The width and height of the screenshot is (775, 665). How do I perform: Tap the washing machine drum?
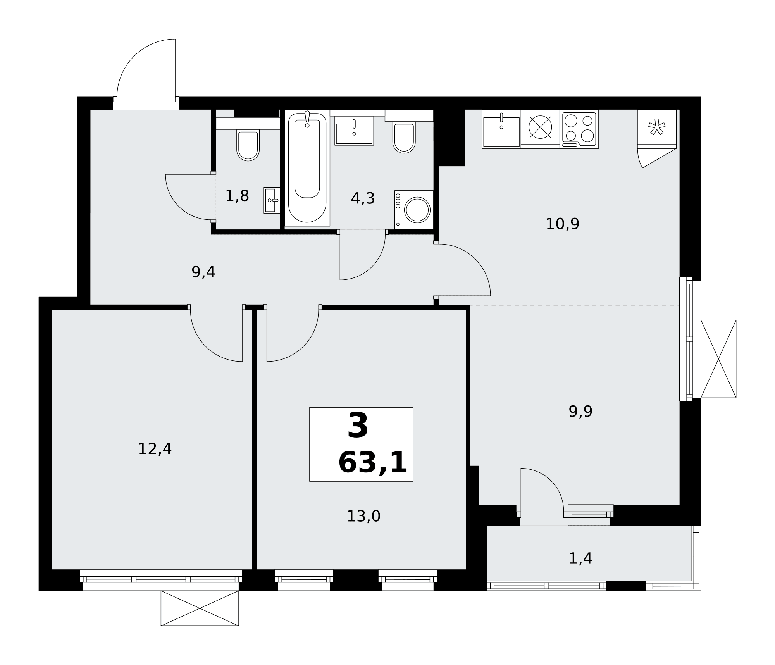(x=417, y=210)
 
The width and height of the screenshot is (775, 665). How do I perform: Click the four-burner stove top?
(x=579, y=129)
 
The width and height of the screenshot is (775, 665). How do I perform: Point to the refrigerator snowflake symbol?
(x=657, y=127)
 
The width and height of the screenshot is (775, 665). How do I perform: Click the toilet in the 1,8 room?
(x=248, y=144)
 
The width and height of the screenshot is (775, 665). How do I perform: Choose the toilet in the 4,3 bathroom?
(x=404, y=137)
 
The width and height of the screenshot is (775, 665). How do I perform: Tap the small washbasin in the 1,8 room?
(x=272, y=200)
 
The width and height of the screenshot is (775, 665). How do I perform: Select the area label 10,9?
(x=562, y=224)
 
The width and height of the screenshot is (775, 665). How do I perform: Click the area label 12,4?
(x=155, y=449)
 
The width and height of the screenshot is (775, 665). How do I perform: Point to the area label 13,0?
(x=363, y=516)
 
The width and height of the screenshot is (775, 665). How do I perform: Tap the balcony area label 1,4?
(x=580, y=558)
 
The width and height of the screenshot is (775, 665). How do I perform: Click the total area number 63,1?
(x=373, y=463)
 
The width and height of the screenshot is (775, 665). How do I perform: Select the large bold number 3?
(x=358, y=426)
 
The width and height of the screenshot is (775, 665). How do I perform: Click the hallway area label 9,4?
(x=203, y=272)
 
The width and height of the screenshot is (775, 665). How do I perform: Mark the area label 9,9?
(x=580, y=412)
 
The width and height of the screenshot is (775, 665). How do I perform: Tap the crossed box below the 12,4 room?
(x=200, y=608)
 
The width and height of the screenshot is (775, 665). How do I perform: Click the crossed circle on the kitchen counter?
(x=540, y=127)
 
